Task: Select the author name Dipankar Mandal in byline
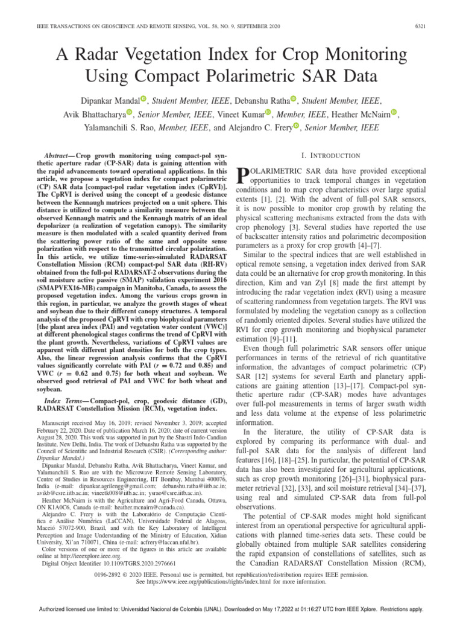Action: tap(109, 99)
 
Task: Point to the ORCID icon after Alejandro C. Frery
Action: tap(296, 127)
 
